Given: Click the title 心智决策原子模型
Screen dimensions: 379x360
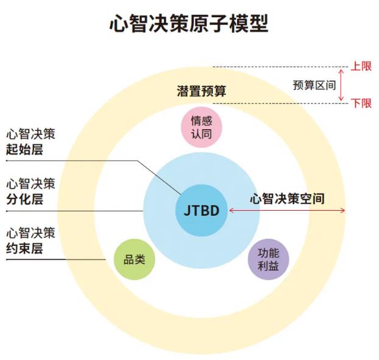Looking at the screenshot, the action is click(189, 23).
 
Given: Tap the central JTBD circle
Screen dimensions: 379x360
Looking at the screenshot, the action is click(202, 210).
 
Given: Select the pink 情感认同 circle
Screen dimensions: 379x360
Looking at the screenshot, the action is click(202, 127).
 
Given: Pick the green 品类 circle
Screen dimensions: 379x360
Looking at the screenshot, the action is click(135, 259).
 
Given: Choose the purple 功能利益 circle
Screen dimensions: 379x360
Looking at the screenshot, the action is click(269, 259).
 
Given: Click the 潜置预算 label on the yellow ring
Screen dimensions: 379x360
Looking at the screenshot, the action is click(202, 91).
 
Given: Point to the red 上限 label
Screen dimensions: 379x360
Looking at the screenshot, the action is click(361, 66).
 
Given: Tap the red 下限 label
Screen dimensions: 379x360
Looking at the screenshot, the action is click(361, 104).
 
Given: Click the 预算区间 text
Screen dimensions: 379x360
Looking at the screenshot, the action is click(314, 85).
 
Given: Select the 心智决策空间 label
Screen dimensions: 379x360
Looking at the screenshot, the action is click(287, 199).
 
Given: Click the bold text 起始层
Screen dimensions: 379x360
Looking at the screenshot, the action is click(24, 149).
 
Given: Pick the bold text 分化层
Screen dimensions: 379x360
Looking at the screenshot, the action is click(24, 199).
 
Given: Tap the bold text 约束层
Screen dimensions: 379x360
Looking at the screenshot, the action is click(24, 249).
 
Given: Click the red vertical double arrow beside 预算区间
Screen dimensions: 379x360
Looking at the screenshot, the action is click(341, 85).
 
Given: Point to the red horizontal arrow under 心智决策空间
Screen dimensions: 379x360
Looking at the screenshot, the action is click(287, 210).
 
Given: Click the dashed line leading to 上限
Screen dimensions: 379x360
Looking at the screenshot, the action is click(280, 66).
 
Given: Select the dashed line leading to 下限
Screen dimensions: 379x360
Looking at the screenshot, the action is click(280, 104).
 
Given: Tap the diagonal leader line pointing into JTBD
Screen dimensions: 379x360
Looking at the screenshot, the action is click(159, 177).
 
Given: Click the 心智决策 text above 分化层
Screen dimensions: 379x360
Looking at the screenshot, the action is click(30, 183).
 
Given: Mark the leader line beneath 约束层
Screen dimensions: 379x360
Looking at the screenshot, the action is click(56, 259).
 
